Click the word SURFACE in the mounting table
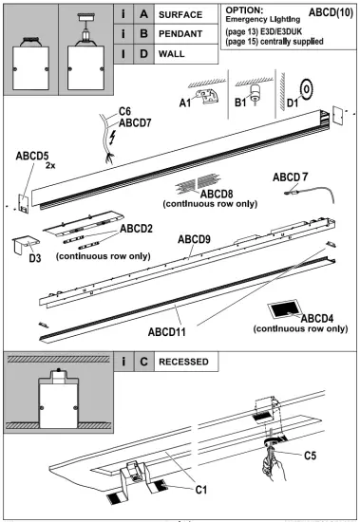coord(180,15)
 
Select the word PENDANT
coord(180,34)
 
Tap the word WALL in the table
coord(171,54)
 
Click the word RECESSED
coord(183,362)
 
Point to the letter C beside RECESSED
coord(143,362)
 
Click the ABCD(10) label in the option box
coord(331,12)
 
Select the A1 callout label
coord(185,103)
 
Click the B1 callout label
coord(240,103)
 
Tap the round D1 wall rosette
coord(307,89)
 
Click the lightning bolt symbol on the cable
coord(112,138)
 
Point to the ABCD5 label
coord(32,156)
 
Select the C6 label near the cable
coord(124,112)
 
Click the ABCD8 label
coord(217,194)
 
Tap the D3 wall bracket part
coord(25,244)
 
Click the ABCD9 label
coord(194,239)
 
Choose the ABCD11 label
coord(166,332)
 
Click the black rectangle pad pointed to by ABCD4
coord(283,310)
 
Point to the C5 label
coord(310,456)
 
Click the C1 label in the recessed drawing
coord(201,490)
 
